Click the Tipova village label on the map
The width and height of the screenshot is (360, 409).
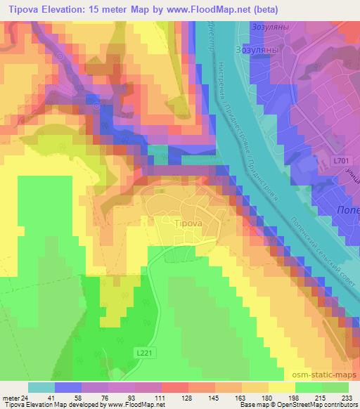point(187,223)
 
